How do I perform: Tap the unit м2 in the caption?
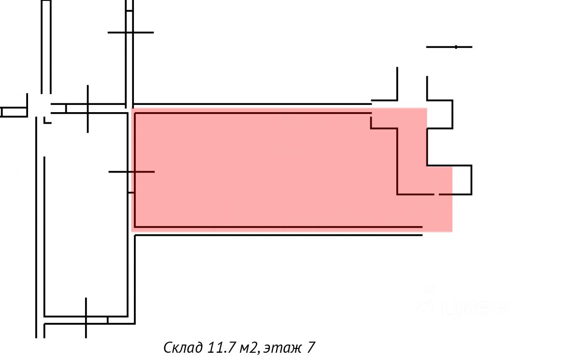pos(252,347)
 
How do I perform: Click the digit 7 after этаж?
pos(311,347)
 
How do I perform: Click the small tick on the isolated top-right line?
pos(456,47)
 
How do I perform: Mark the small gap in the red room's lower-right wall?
pos(436,194)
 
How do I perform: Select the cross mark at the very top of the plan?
pos(130,32)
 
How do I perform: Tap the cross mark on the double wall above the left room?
pos(87,108)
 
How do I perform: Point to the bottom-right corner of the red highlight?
pos(451,231)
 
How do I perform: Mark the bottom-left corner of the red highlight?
pos(132,231)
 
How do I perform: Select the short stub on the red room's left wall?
pos(131,192)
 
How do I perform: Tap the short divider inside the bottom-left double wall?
pos(108,320)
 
